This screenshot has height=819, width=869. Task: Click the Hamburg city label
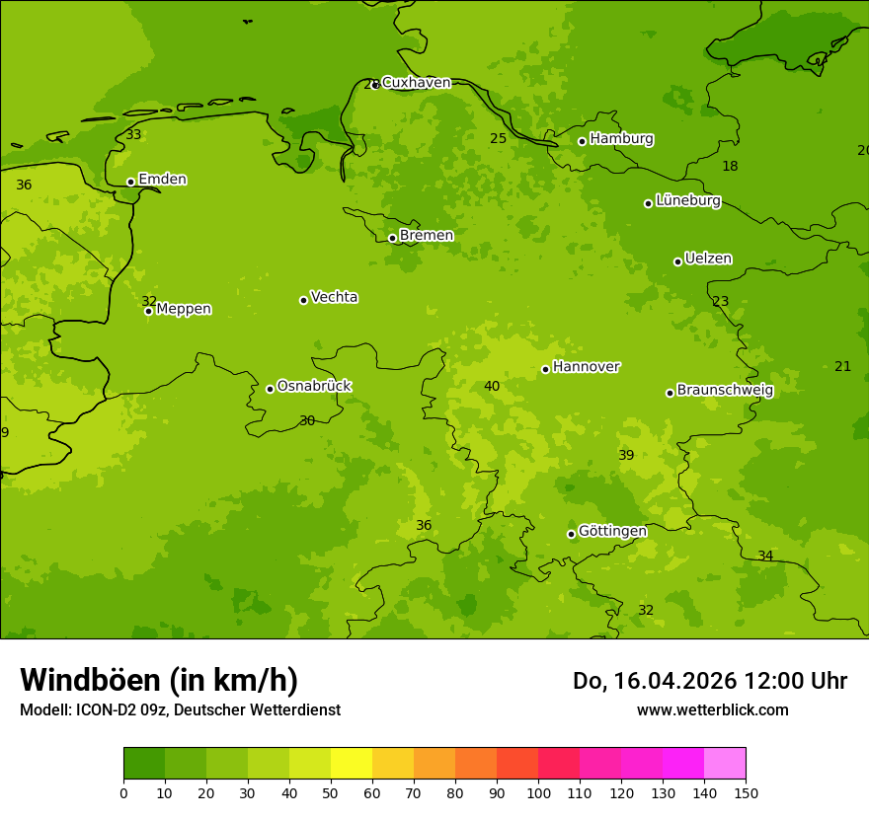pyautogui.click(x=621, y=139)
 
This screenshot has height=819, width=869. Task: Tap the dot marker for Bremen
pyautogui.click(x=392, y=238)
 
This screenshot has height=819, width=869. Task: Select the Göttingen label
pyautogui.click(x=612, y=531)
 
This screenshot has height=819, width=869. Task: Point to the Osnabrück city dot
pyautogui.click(x=270, y=389)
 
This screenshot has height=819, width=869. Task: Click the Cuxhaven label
pyautogui.click(x=416, y=83)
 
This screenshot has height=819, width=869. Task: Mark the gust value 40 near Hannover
pyautogui.click(x=492, y=386)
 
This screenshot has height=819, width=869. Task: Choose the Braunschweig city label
pyautogui.click(x=725, y=390)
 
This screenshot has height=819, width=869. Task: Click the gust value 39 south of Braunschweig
pyautogui.click(x=626, y=455)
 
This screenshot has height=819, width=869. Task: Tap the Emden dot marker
pyautogui.click(x=130, y=182)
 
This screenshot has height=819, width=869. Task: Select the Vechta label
pyautogui.click(x=334, y=297)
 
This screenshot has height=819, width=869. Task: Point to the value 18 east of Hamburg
pyautogui.click(x=730, y=166)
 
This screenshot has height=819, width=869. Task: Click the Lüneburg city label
pyautogui.click(x=687, y=200)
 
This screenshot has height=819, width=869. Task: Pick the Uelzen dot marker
pyautogui.click(x=677, y=261)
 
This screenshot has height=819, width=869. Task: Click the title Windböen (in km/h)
pyautogui.click(x=159, y=680)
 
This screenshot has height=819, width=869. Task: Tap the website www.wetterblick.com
pyautogui.click(x=712, y=709)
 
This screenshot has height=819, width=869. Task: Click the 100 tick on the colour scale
pyautogui.click(x=538, y=792)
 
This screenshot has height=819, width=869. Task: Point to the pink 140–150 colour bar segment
pyautogui.click(x=725, y=764)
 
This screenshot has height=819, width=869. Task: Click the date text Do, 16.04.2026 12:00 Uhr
pyautogui.click(x=709, y=681)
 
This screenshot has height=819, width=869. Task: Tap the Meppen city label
pyautogui.click(x=184, y=309)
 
